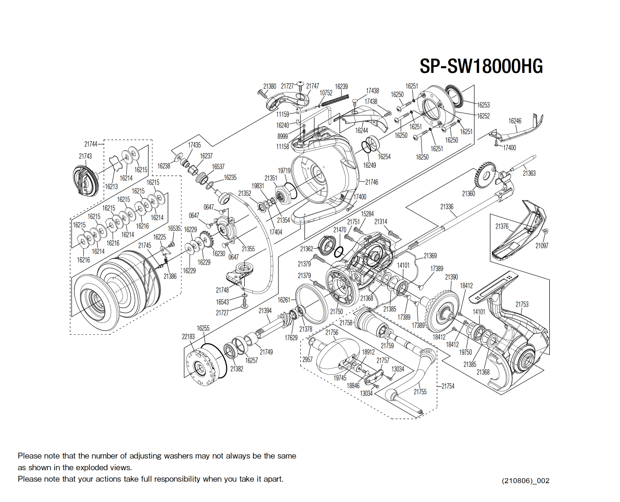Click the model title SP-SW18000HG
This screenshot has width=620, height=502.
pos(481,66)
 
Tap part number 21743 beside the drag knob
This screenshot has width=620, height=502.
pos(85,156)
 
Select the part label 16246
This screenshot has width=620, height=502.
pos(515,121)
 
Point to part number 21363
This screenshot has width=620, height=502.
pos(529,173)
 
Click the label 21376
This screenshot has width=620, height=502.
pos(502,227)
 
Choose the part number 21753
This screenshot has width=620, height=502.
pos(522,304)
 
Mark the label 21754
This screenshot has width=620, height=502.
pos(448,386)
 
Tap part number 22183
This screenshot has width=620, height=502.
pos(188,337)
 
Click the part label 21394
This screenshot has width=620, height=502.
pos(265,310)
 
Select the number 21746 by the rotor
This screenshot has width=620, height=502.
pos(372,182)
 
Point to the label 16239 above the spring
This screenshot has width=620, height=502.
pos(341,86)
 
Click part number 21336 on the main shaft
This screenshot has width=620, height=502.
pos(447,207)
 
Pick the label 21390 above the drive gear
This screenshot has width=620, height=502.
pos(451,277)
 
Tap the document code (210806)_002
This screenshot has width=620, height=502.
pos(525,480)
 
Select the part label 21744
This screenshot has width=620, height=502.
pos(91,144)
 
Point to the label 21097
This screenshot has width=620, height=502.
pos(542,245)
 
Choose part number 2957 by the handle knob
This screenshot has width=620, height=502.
pos(307,359)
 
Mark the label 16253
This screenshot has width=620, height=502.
pos(483,105)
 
